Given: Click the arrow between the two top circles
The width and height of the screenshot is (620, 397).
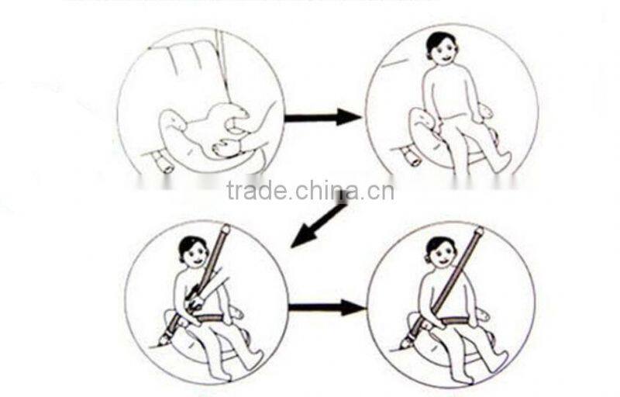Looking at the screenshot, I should point(322,118).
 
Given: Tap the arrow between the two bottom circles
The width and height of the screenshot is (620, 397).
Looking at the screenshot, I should point(325,308).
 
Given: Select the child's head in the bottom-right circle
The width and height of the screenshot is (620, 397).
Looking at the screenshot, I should point(439,251).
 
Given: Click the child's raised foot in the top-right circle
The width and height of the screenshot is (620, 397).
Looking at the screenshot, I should point(501,161).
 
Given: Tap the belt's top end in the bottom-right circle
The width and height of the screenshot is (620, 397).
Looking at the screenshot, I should point(477,232).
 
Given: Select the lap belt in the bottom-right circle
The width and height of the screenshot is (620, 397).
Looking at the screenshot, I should point(453,320).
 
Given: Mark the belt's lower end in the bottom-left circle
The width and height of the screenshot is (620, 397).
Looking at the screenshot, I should point(165,338).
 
